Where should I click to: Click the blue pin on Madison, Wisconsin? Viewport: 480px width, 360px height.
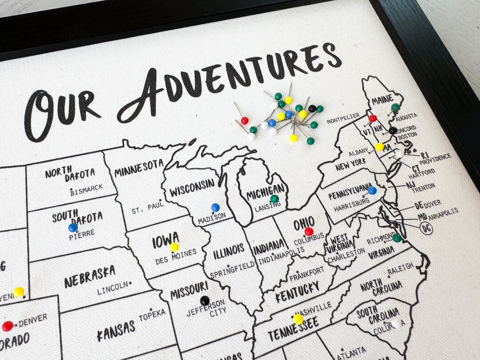(x=216, y=207)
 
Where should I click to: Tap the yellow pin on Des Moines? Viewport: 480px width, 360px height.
(x=174, y=247)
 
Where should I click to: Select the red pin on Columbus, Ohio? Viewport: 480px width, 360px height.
(x=309, y=231)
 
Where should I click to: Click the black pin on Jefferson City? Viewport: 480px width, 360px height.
(x=204, y=300)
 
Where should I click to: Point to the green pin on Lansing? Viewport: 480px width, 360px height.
(x=274, y=199)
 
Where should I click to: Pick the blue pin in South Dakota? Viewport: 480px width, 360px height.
(x=73, y=228)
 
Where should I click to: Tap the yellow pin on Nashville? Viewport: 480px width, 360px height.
(x=298, y=319)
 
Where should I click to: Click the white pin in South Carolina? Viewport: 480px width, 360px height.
(x=396, y=322)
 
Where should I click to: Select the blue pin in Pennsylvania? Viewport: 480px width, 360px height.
(x=372, y=191)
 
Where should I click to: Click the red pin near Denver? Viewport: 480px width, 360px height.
(x=8, y=326)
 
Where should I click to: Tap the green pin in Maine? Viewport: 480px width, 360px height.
(x=395, y=107)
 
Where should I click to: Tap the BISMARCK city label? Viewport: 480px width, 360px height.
(x=87, y=189)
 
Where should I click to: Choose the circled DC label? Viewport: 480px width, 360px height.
(x=426, y=228)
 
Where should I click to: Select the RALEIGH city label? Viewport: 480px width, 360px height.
(x=400, y=269)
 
